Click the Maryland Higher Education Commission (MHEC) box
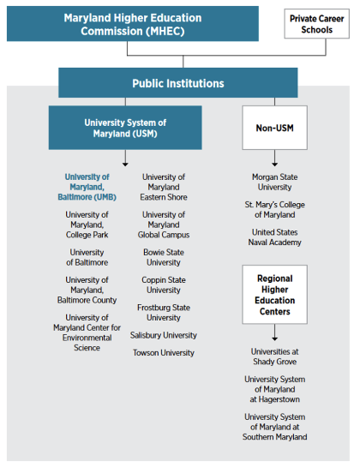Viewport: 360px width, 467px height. coord(132,24)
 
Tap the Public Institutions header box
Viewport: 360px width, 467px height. coord(177,83)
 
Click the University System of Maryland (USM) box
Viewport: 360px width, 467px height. coord(125,128)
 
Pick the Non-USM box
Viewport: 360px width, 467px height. coord(273,128)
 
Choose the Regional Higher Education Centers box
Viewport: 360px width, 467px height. coord(274,295)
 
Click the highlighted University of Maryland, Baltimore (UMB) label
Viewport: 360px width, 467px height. coord(87,188)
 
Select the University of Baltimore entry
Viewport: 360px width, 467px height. coord(87,257)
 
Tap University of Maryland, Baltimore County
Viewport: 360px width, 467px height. coord(87,290)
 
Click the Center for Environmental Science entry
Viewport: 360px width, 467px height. coord(87,332)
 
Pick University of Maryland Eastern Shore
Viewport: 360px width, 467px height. coord(164,188)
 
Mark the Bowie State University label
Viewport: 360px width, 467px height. coord(164,257)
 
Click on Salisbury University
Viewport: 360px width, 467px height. coord(164,335)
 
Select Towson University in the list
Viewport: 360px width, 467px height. coord(164,352)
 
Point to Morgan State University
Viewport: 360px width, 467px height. coord(274,183)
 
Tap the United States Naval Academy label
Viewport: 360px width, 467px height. coord(274,237)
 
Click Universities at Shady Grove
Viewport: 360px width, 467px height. coord(274,356)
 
